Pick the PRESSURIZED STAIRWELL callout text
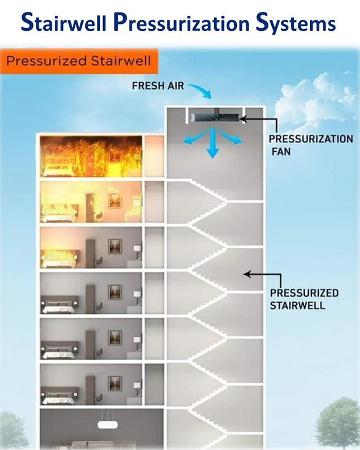(304, 299)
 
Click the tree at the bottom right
(338, 423)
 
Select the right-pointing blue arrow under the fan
(234, 138)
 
